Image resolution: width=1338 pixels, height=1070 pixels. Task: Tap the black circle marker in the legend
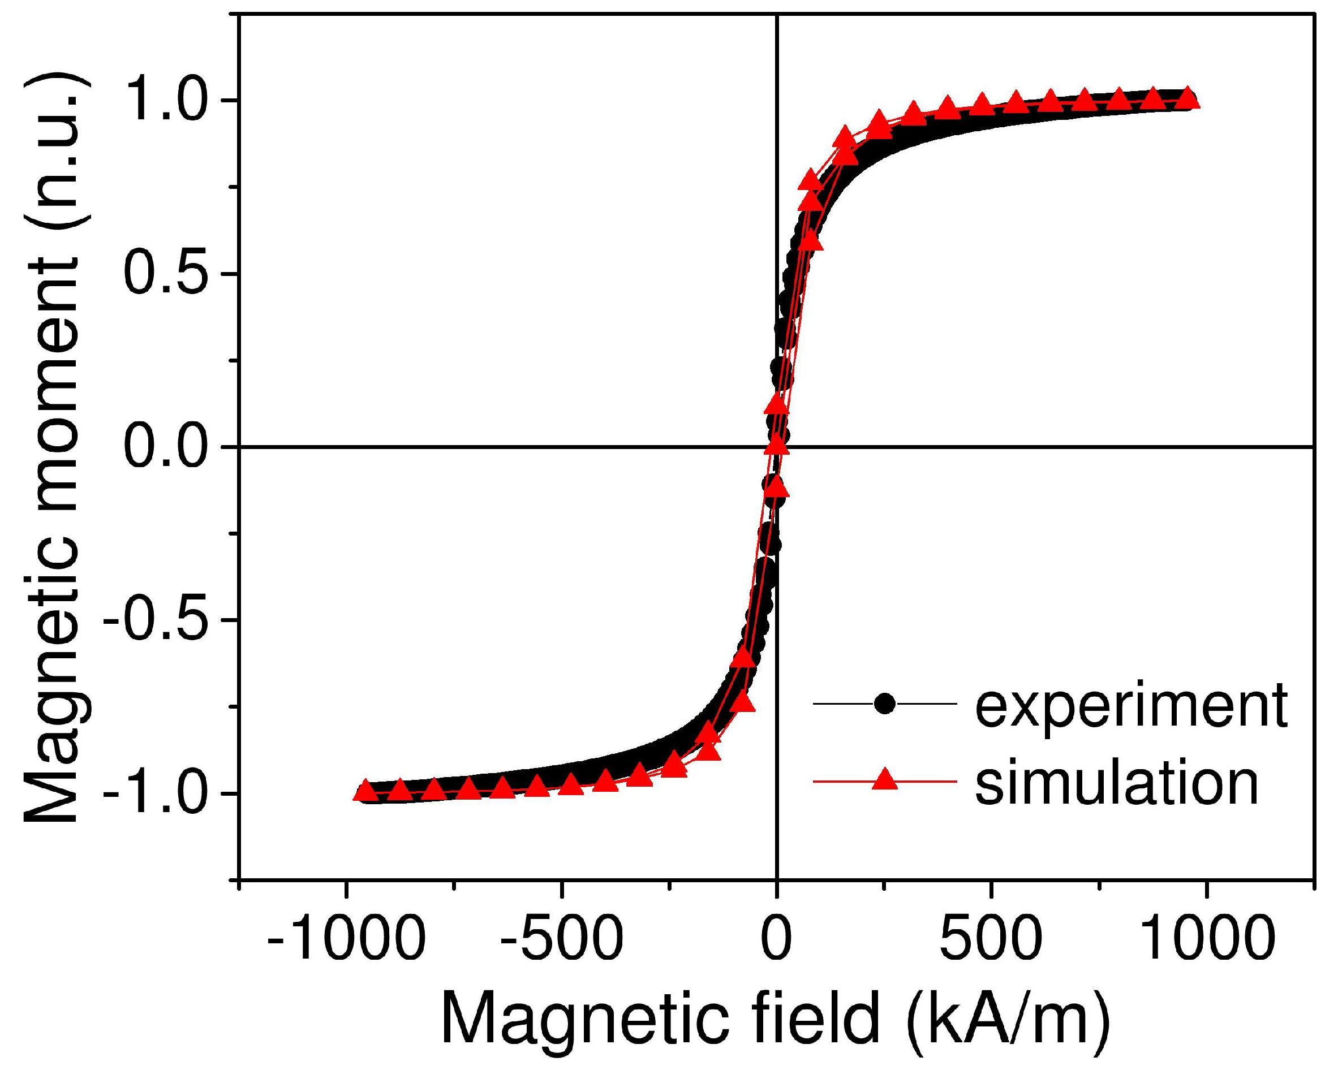pos(884,704)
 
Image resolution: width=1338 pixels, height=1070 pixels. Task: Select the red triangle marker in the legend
pos(884,780)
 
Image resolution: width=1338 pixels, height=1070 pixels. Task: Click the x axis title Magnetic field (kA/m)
pos(776,1020)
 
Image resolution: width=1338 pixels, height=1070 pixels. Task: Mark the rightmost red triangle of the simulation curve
pos(1187,98)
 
